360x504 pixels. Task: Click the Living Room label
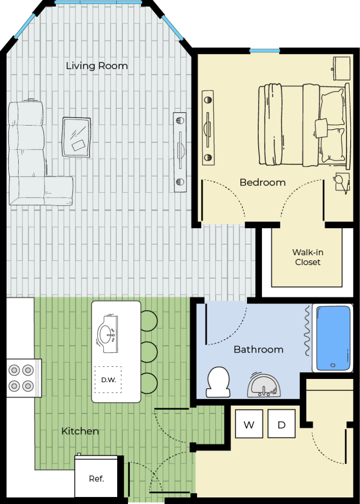tap(97, 66)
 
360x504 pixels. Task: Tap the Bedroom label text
tap(262, 183)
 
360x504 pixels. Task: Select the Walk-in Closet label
tap(307, 257)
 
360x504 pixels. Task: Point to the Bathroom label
tap(258, 349)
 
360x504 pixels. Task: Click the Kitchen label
tap(80, 431)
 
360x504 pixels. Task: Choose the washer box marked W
tap(249, 423)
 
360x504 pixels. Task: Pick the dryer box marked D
tap(282, 423)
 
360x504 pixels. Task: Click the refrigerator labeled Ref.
tap(96, 476)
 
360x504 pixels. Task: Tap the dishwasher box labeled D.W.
tap(108, 379)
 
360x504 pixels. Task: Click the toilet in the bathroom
tap(218, 382)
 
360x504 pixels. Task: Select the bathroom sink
tap(264, 385)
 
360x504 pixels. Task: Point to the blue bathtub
tap(333, 338)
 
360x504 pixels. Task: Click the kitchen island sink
tap(108, 334)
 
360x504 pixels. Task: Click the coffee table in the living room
tap(76, 137)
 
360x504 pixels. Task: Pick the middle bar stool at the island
tap(149, 352)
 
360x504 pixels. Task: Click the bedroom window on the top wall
tap(265, 51)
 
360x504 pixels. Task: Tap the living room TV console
tap(180, 152)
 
